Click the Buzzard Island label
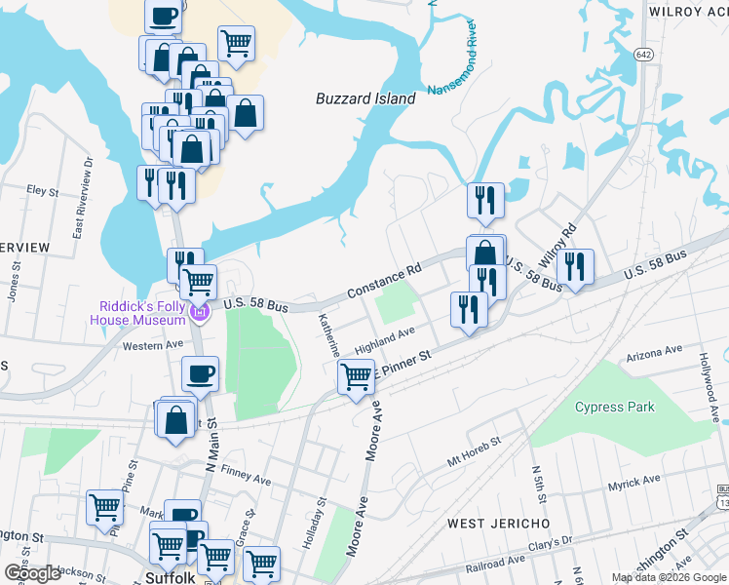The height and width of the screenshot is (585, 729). (365, 98)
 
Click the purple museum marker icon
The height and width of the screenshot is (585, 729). (200, 313)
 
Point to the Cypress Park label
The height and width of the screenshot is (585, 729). (615, 407)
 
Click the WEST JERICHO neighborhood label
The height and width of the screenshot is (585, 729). (498, 524)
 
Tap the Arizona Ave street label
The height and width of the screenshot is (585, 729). (655, 352)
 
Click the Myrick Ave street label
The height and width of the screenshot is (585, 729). (634, 483)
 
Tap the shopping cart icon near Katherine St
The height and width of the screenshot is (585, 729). (357, 375)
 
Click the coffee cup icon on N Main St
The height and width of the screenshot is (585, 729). (201, 372)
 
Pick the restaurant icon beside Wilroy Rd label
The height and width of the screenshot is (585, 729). (576, 266)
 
